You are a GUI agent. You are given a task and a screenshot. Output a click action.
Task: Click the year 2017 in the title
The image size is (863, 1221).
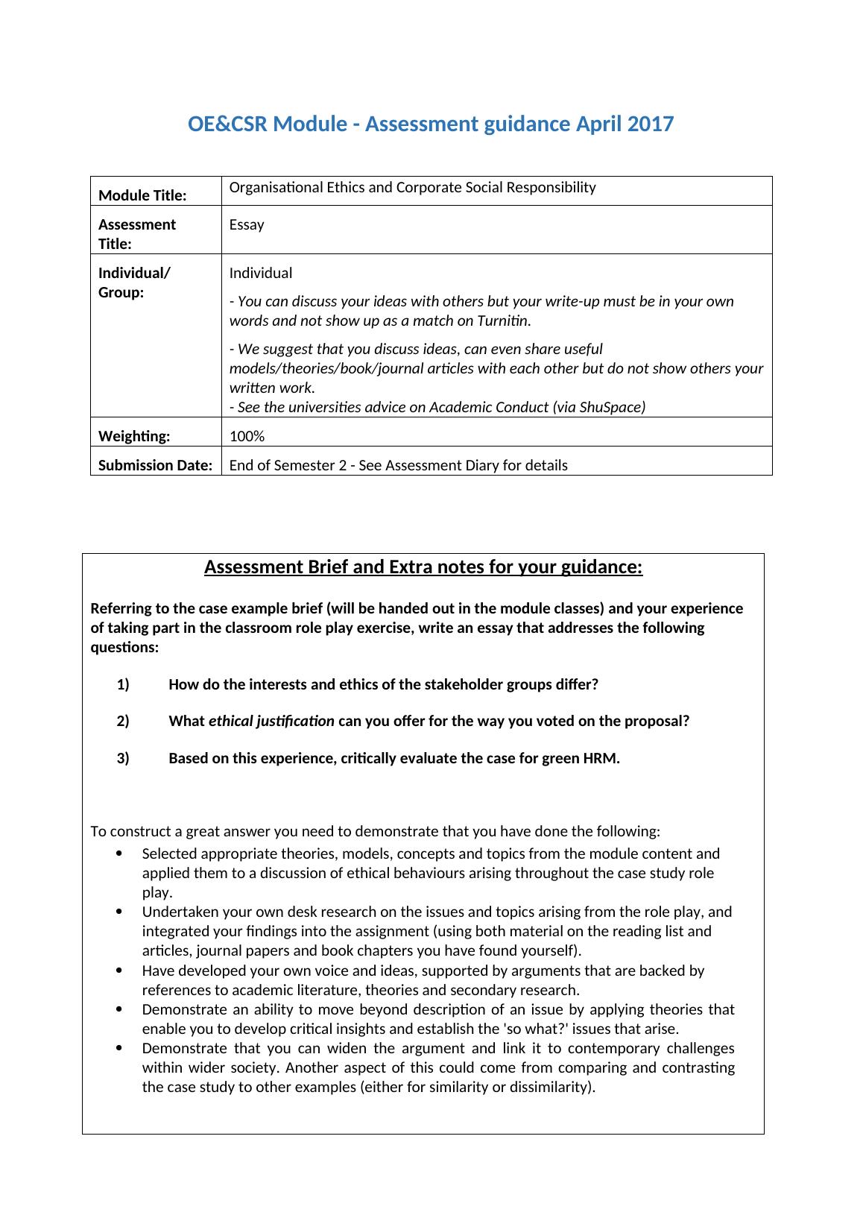(x=650, y=124)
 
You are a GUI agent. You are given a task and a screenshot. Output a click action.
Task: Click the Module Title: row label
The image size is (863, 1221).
(x=142, y=195)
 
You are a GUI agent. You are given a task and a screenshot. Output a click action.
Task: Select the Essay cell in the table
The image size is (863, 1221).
(x=247, y=224)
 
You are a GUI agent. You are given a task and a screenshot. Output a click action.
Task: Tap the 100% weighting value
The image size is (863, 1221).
(x=247, y=436)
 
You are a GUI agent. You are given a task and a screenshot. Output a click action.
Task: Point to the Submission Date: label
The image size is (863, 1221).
(x=155, y=465)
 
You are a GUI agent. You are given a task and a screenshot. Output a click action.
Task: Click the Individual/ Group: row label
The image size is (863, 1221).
(x=134, y=283)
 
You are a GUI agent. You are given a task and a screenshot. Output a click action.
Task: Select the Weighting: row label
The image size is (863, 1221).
(x=134, y=436)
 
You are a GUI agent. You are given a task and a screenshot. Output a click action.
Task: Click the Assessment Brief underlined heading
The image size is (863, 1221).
(x=423, y=567)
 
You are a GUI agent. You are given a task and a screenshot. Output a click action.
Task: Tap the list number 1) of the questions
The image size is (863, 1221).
(x=123, y=684)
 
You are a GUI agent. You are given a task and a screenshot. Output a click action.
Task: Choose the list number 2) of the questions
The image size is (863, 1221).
(x=123, y=721)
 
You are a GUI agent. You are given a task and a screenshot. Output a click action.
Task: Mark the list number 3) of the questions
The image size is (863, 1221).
(x=123, y=758)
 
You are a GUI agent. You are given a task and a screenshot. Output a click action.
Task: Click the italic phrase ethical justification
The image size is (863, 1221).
(x=271, y=721)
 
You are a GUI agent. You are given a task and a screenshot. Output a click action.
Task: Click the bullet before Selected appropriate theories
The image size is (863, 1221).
(x=120, y=854)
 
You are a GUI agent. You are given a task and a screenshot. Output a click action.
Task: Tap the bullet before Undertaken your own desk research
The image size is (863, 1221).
(x=120, y=912)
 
